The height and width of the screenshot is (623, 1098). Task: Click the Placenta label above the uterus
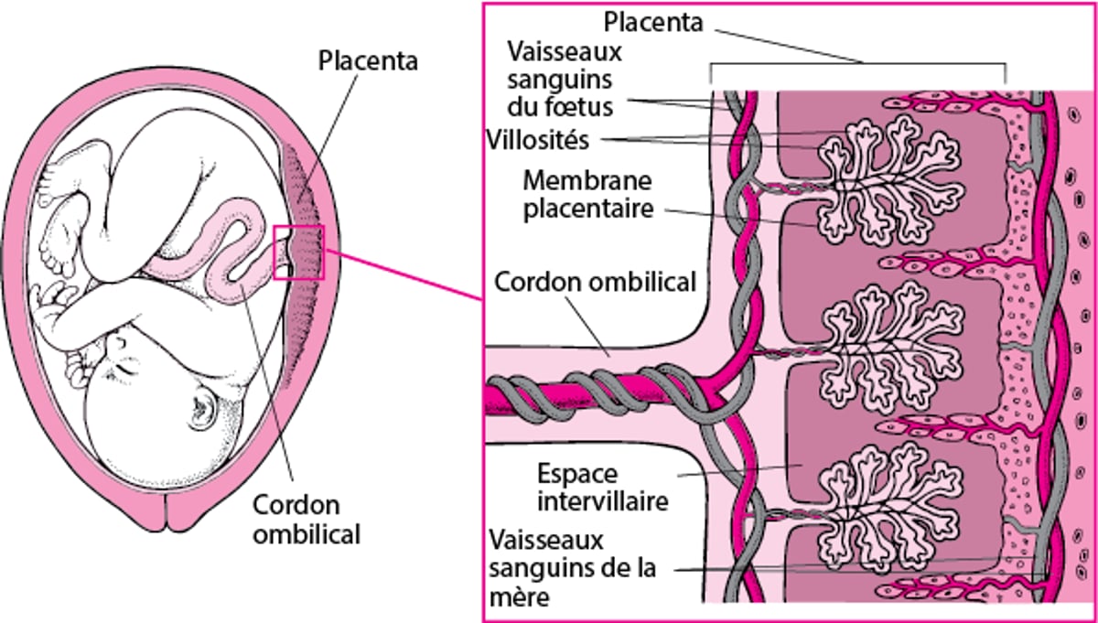(367, 61)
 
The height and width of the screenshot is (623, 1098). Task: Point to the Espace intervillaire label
(603, 488)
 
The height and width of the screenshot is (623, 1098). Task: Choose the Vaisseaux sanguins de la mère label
(572, 568)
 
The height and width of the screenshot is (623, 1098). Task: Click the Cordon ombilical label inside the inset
(595, 282)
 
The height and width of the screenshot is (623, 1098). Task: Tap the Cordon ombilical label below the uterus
(307, 519)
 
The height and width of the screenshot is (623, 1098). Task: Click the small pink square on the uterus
(299, 252)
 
